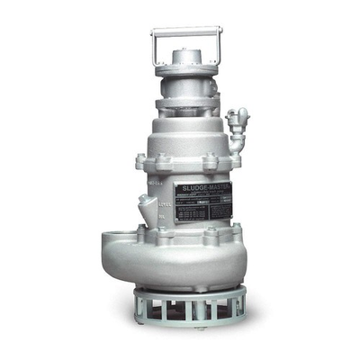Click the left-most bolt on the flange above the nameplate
141,163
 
